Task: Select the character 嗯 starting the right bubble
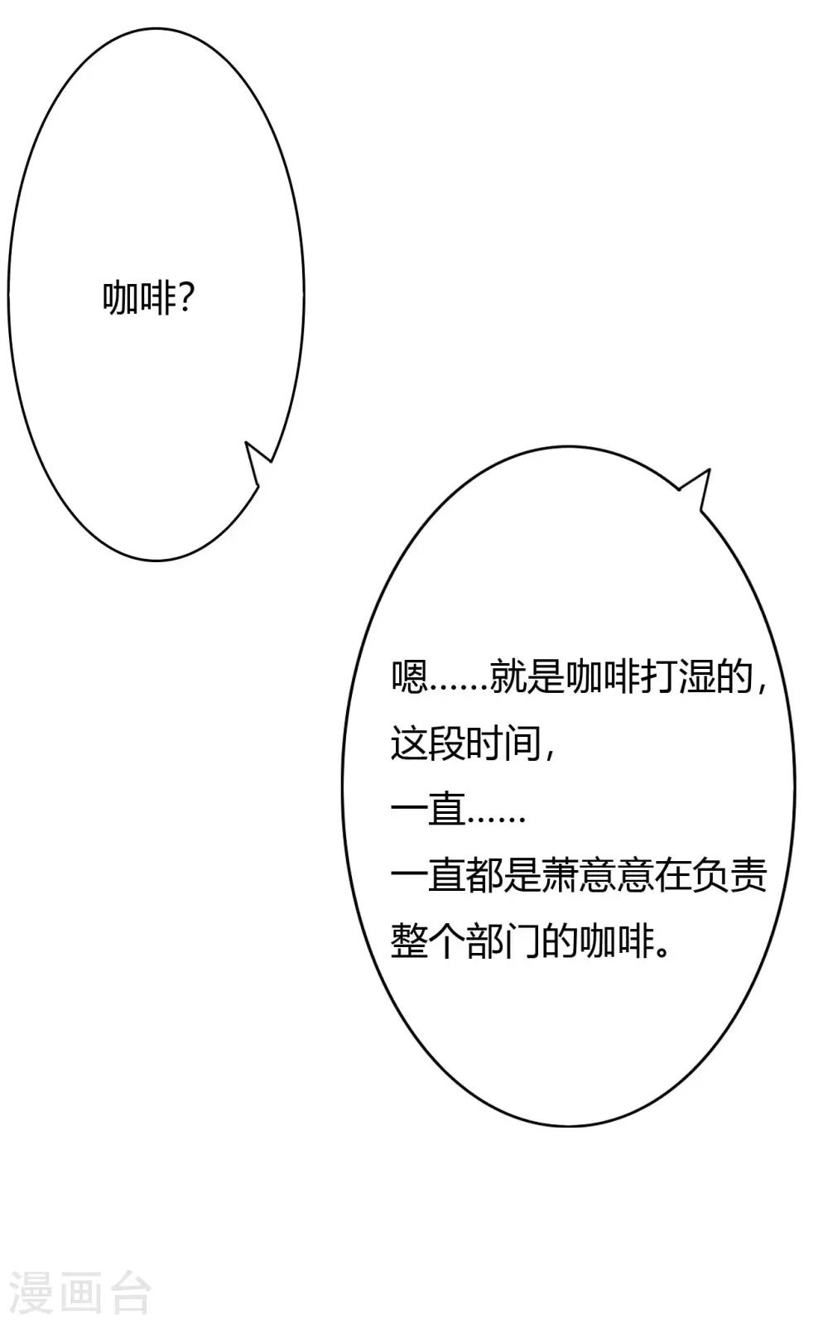point(409,677)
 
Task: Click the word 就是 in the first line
point(527,677)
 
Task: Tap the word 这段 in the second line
point(428,743)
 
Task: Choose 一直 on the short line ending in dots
point(428,810)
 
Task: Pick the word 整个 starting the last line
point(428,942)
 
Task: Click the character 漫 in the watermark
point(30,1292)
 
